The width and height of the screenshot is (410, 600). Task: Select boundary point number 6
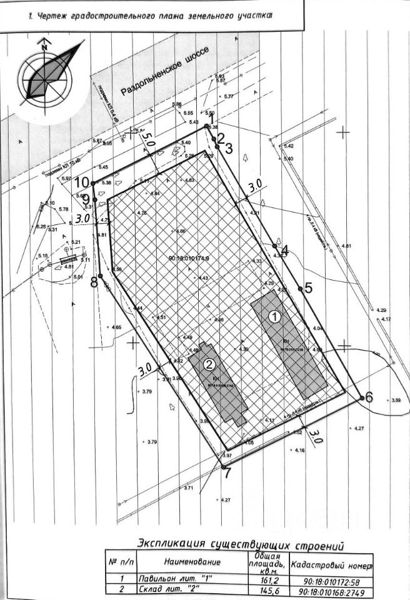coord(362,397)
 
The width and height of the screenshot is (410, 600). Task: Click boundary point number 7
coord(223,467)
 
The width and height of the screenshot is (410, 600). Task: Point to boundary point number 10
coord(92,182)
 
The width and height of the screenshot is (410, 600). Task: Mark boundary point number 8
coord(100,276)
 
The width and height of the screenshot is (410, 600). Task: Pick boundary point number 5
coord(301,288)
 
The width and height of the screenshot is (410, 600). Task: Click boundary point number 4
coord(276,246)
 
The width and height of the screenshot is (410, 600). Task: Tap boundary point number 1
coord(207,126)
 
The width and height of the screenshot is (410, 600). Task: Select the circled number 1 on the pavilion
coord(273,316)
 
